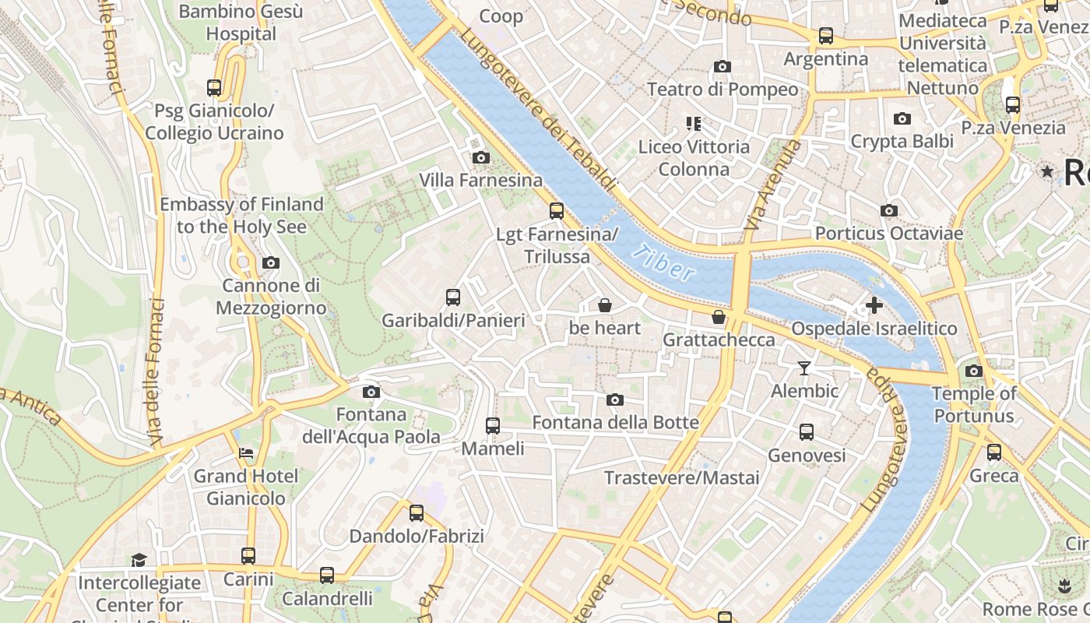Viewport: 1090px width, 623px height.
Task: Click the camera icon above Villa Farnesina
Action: [481, 158]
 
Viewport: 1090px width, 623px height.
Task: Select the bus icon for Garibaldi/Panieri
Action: [453, 297]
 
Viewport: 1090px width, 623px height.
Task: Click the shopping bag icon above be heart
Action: [605, 305]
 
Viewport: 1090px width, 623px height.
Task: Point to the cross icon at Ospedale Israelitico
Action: [874, 305]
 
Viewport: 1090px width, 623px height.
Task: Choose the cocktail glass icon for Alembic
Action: [804, 368]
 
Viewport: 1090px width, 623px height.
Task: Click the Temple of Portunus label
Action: [974, 404]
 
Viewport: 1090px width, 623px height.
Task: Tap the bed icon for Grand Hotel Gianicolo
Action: [246, 453]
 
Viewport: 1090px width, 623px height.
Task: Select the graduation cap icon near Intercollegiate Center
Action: [139, 560]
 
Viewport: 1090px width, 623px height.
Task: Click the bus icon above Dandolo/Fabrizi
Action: [417, 513]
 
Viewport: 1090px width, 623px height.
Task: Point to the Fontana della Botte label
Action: [615, 423]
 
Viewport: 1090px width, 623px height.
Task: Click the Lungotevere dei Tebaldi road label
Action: [537, 109]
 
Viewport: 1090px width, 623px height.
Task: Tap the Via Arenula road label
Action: [772, 185]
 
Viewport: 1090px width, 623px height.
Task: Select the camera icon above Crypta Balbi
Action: [902, 119]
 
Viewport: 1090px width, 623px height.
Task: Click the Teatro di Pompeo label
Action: [723, 90]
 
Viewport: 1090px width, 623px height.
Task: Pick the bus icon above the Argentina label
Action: [826, 36]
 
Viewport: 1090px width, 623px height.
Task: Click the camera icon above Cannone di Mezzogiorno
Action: [271, 263]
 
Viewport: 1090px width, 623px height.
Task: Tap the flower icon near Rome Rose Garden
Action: [1064, 584]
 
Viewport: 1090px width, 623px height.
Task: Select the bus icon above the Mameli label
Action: [493, 426]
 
